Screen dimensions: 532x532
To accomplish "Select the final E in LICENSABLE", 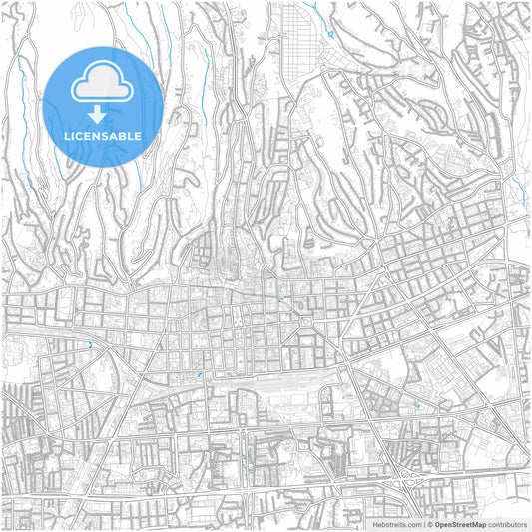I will tap(138, 136).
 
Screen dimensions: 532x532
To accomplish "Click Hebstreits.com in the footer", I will tap(397, 523).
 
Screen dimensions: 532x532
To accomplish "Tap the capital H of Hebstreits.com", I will tap(375, 523).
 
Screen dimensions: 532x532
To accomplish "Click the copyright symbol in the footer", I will tap(429, 523).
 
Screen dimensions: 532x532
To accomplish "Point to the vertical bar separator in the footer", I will tap(422, 523).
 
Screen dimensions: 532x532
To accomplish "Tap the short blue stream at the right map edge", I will tap(524, 190).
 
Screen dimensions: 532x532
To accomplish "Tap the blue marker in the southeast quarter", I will tap(415, 405).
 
